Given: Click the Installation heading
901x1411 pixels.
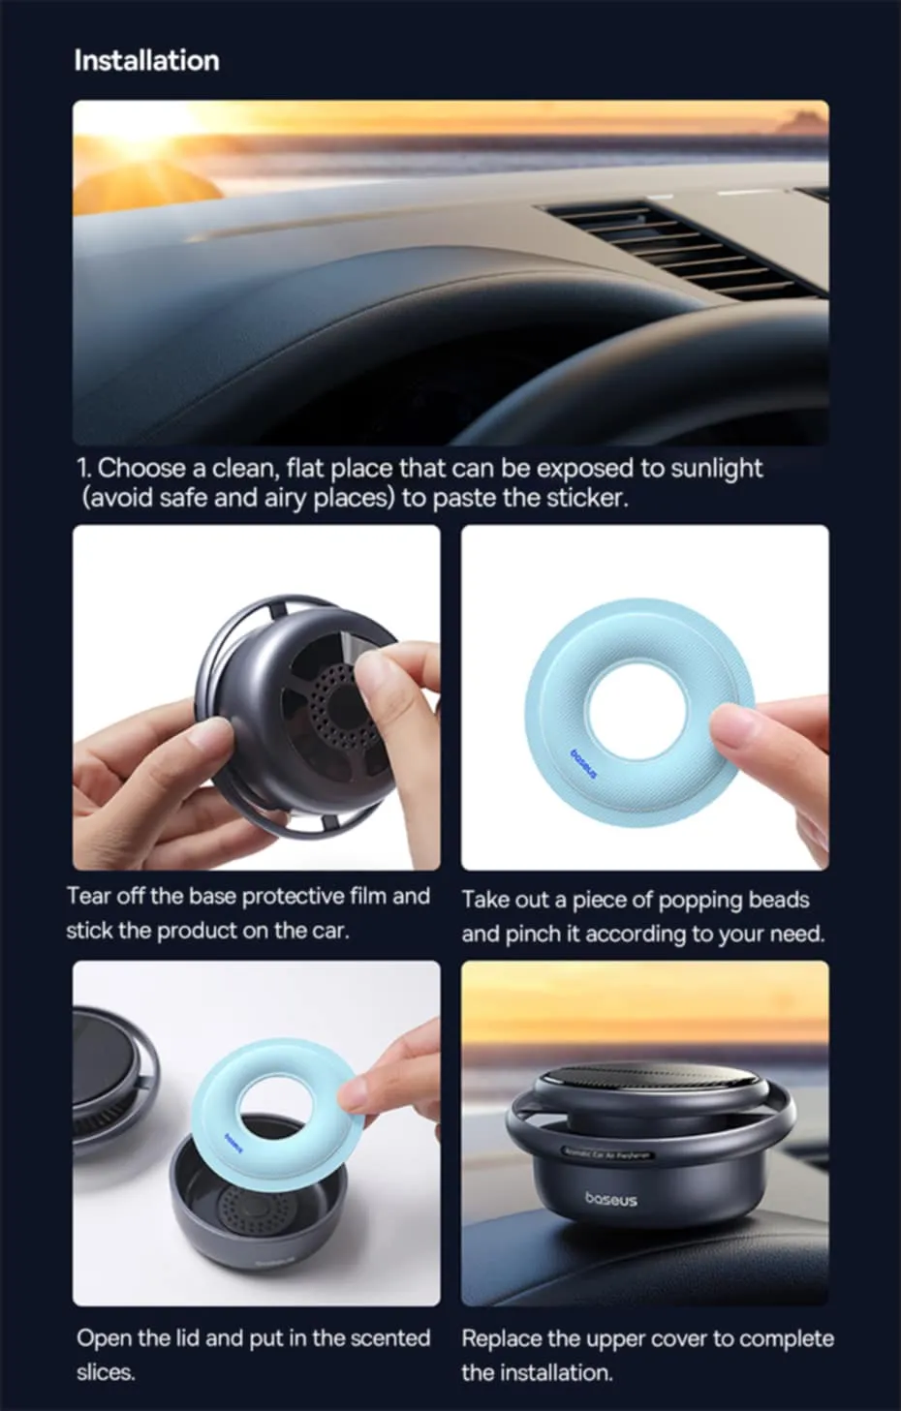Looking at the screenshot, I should [146, 60].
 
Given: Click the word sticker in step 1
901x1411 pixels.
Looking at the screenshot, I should [585, 498].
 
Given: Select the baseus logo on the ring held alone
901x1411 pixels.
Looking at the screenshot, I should [583, 763].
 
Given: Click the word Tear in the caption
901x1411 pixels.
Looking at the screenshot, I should [88, 896].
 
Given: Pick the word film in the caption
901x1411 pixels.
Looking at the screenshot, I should [368, 896].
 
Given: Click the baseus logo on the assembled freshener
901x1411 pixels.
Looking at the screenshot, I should [610, 1200].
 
